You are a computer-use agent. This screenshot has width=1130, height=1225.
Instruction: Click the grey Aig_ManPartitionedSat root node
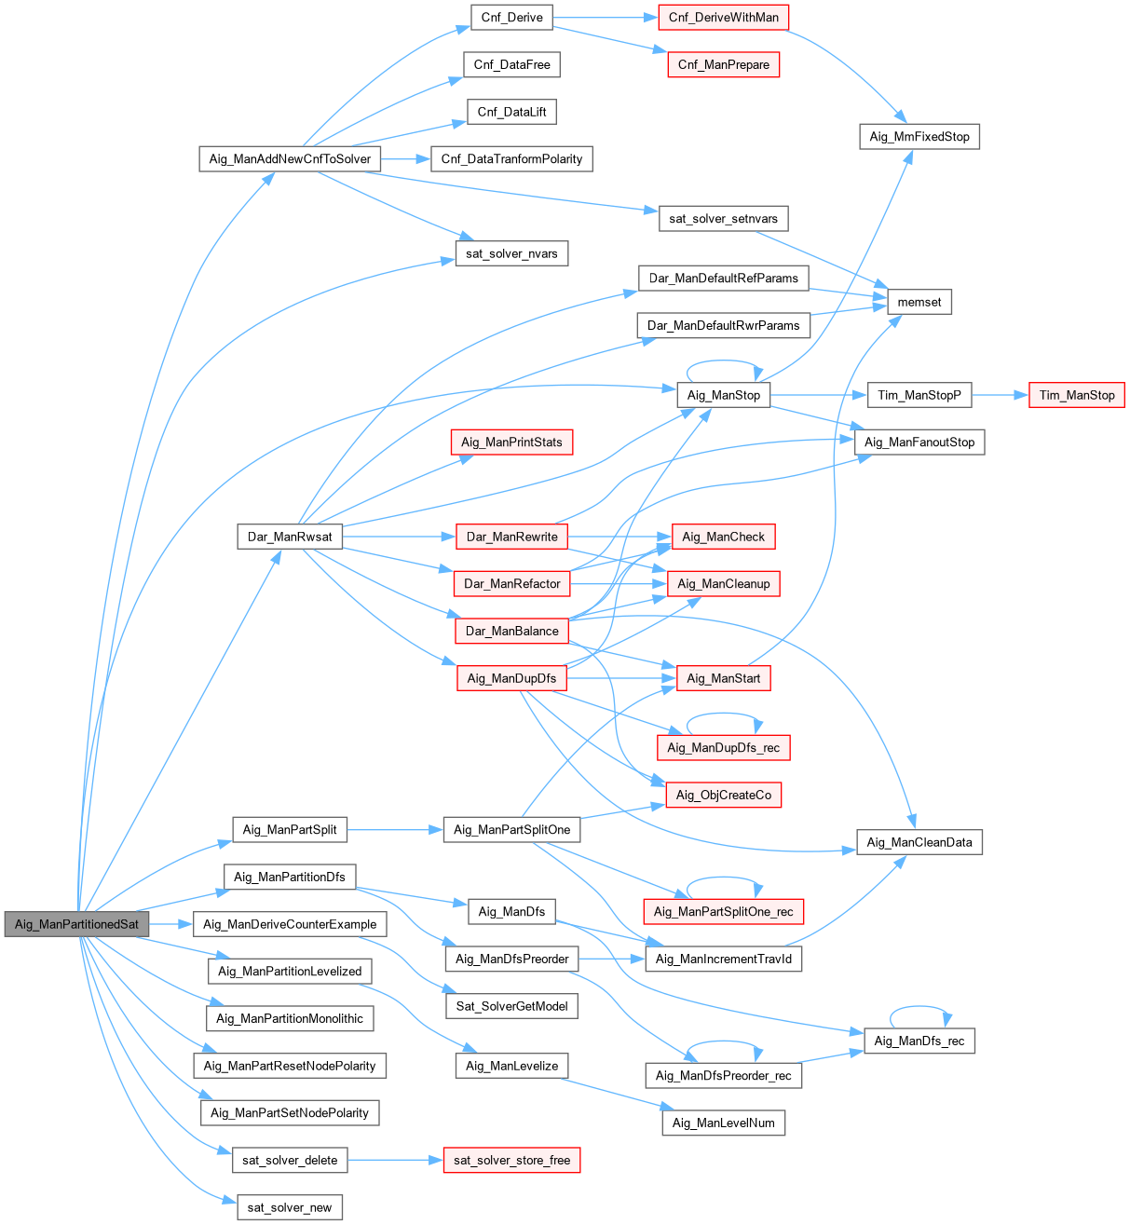(x=76, y=924)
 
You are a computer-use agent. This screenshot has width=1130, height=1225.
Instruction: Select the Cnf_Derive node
(x=511, y=18)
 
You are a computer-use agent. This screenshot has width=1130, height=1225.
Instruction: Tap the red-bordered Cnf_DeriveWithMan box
(x=723, y=18)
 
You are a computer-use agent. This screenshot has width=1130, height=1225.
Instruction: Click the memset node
(x=919, y=302)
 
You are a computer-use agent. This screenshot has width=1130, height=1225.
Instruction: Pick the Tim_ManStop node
(x=1076, y=395)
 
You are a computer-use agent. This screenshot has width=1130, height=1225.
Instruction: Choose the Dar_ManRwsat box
(x=290, y=537)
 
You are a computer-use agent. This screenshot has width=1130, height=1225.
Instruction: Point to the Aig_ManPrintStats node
(x=511, y=442)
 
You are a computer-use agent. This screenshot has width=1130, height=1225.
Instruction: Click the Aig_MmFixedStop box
(x=919, y=137)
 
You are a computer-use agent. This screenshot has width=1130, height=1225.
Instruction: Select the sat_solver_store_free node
(x=511, y=1160)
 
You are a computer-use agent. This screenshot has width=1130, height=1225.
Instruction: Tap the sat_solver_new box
(x=290, y=1207)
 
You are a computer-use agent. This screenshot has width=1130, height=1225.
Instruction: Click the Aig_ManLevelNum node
(x=723, y=1123)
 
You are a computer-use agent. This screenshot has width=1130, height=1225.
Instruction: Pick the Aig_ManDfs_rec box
(x=919, y=1041)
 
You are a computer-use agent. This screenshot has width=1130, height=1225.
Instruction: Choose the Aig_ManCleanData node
(x=919, y=842)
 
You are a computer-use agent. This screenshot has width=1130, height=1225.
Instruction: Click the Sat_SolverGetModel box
(x=511, y=1006)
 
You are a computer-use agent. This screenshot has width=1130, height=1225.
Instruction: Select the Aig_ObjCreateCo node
(x=723, y=795)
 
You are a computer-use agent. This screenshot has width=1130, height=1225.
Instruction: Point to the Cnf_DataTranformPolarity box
(x=511, y=158)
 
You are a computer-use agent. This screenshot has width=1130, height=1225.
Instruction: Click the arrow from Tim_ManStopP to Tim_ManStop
(x=999, y=395)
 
